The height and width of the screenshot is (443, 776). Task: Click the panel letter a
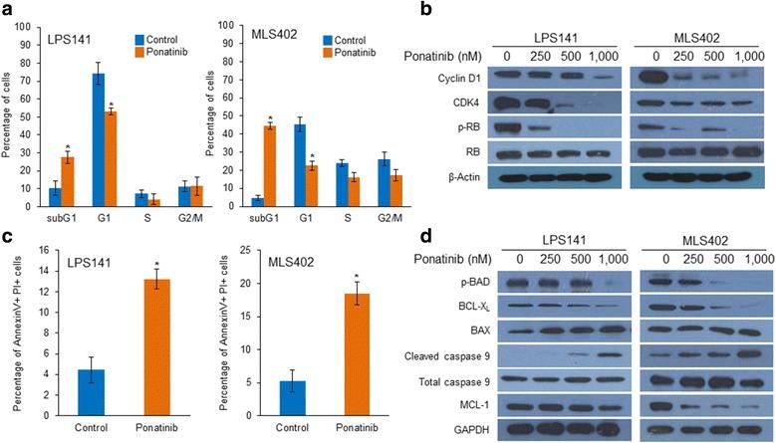pos(7,9)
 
